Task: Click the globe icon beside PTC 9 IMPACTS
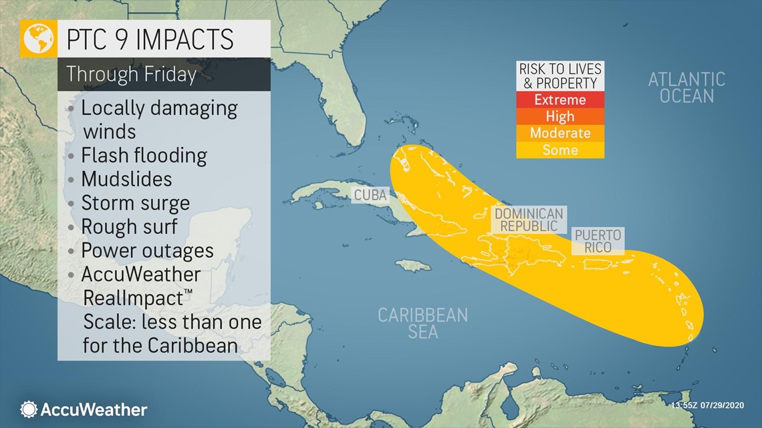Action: [39, 39]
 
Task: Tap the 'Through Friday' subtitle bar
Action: [131, 74]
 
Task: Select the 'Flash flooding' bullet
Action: [144, 156]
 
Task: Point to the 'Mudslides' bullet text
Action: [126, 180]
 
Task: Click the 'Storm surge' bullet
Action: [135, 203]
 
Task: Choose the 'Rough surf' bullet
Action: [129, 226]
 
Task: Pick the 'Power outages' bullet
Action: [147, 250]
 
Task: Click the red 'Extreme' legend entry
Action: [560, 100]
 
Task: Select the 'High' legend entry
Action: [560, 117]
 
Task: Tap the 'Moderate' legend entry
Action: [560, 134]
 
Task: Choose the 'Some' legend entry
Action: [560, 150]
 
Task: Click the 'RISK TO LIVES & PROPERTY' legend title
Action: [560, 76]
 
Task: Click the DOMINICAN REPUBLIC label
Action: [528, 220]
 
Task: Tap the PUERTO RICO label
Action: [598, 241]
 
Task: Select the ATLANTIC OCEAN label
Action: [686, 87]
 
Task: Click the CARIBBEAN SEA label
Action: [422, 323]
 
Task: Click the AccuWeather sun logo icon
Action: [29, 409]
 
